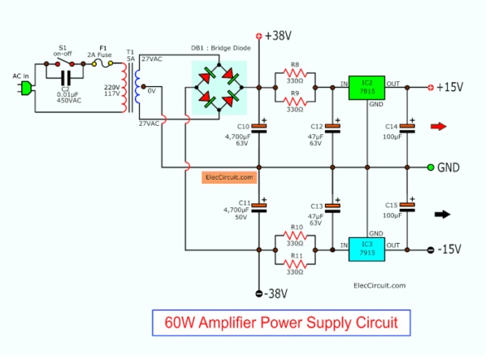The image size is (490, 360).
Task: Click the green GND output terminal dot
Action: pos(431,167)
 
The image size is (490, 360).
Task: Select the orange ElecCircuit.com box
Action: pos(230,176)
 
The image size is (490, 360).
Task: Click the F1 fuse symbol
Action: pos(104,62)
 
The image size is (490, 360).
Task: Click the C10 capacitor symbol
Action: pos(260,127)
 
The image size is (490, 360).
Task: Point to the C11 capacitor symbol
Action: pos(260,206)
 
